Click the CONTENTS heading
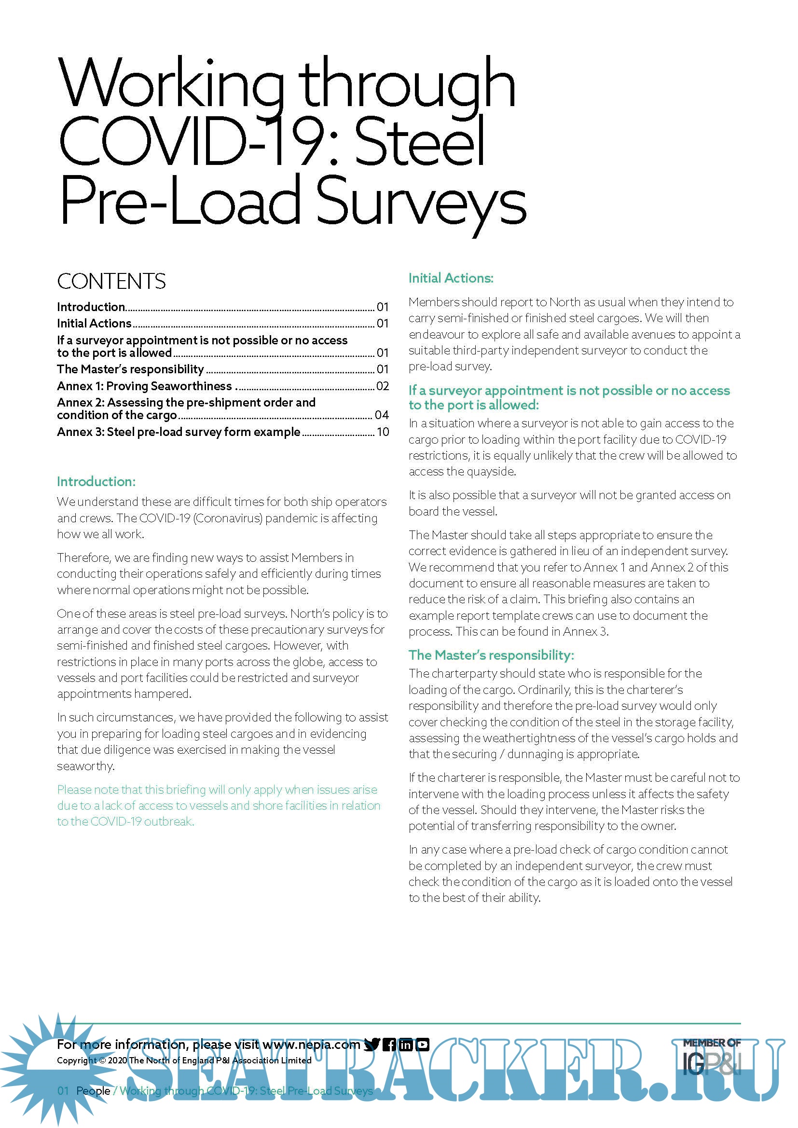[x=111, y=282]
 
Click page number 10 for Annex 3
[x=383, y=432]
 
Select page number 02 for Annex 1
[x=382, y=386]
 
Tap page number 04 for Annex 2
[x=382, y=415]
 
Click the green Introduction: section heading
[x=96, y=481]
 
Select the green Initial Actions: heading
[x=451, y=278]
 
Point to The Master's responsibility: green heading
[x=491, y=655]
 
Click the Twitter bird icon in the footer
[x=372, y=1045]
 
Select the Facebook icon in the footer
[x=389, y=1045]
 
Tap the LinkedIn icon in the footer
[x=406, y=1045]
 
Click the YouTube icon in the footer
[x=423, y=1045]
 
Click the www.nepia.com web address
[x=312, y=1045]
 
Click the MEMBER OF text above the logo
[x=712, y=1043]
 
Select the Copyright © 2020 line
[x=184, y=1060]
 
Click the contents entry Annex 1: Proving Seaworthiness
[x=144, y=386]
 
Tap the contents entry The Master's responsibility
[x=130, y=369]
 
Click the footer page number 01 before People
[x=63, y=1091]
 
